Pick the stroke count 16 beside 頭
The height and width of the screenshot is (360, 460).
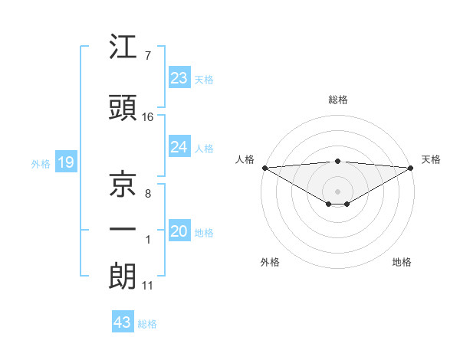(148, 117)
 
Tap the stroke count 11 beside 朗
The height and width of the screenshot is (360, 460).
(147, 286)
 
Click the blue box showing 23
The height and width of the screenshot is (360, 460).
(179, 78)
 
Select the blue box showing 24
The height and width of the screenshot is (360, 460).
(179, 147)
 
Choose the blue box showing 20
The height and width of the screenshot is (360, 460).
(179, 231)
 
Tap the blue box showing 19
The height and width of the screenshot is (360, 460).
(65, 162)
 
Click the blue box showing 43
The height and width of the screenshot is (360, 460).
(123, 322)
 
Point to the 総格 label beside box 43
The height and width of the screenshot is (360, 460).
(148, 324)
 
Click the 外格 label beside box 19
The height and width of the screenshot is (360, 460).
(41, 163)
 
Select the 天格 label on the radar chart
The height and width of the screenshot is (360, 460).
(431, 159)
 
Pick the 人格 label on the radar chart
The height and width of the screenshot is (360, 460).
(245, 159)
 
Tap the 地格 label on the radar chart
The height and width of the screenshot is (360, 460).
(402, 262)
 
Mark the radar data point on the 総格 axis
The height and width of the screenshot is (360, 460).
(338, 161)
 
